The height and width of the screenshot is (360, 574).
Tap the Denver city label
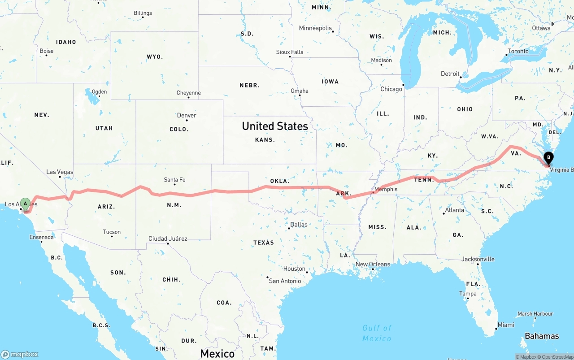tap(187, 115)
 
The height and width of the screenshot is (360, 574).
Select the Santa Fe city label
tap(174, 180)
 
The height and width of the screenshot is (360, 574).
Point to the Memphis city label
tap(386, 189)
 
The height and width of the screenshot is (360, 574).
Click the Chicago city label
tap(391, 89)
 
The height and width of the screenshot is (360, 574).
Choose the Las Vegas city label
tap(60, 172)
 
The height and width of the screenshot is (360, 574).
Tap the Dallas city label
tap(299, 224)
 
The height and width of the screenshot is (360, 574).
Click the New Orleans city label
tap(373, 264)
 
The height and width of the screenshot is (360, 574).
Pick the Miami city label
tap(506, 325)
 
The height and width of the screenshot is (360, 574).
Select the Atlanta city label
tap(455, 210)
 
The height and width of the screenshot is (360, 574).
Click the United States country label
tap(275, 126)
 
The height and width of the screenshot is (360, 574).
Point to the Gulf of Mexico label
tap(377, 333)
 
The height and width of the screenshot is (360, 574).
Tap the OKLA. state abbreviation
tap(279, 181)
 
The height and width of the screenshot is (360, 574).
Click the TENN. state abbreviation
tap(424, 180)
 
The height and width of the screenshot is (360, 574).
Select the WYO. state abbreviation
tap(155, 57)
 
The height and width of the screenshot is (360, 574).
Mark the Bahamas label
tap(542, 336)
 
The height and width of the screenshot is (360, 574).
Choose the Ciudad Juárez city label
tap(168, 239)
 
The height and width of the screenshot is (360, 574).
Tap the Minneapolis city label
tap(315, 28)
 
